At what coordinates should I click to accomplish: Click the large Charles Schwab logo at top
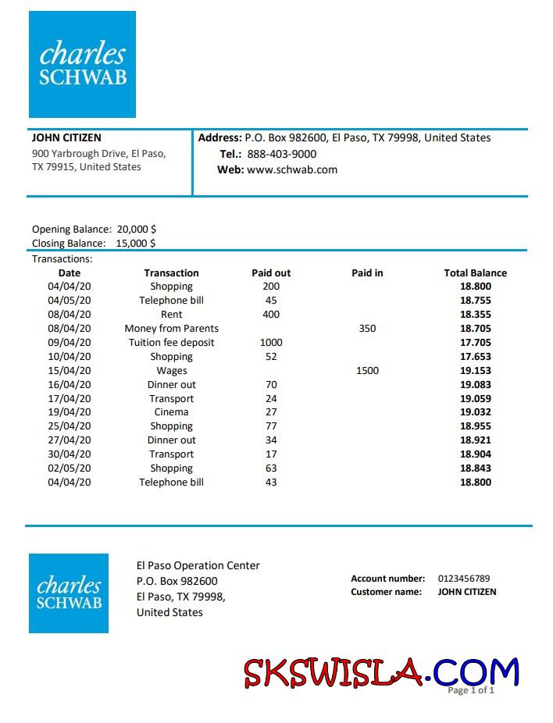(x=82, y=64)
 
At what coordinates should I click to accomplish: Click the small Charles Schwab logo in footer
(x=69, y=593)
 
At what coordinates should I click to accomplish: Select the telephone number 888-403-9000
(x=282, y=154)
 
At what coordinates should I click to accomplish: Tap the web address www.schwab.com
(x=292, y=169)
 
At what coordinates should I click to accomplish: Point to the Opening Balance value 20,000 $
(x=137, y=230)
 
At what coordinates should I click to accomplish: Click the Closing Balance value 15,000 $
(x=136, y=243)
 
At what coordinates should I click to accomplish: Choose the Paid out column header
(x=271, y=273)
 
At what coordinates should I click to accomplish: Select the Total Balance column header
(x=475, y=273)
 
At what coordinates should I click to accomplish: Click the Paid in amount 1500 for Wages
(x=367, y=371)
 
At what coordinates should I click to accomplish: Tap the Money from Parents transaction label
(x=172, y=329)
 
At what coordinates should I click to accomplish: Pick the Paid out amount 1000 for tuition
(x=271, y=343)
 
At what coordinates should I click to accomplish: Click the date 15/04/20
(x=70, y=371)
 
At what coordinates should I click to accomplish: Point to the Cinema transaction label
(x=171, y=412)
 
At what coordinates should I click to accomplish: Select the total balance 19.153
(x=475, y=371)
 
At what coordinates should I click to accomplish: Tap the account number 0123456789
(x=464, y=579)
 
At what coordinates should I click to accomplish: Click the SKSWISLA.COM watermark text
(x=380, y=672)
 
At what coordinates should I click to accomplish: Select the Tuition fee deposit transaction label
(x=171, y=343)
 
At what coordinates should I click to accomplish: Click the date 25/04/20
(x=70, y=426)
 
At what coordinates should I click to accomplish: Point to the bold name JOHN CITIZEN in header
(x=66, y=137)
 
